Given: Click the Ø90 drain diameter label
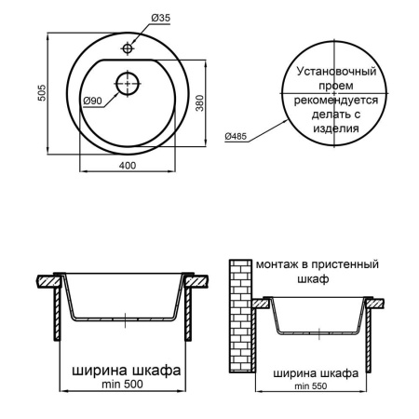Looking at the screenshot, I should (92, 99).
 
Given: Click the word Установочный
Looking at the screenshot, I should (336, 71).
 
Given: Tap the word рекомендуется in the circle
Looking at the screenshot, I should (336, 100).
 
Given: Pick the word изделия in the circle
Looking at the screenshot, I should (336, 129).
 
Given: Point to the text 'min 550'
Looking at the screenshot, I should (313, 385).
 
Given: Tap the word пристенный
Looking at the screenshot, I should (344, 264).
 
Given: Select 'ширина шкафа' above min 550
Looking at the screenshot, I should (313, 372).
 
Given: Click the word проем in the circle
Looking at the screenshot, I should (336, 85).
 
